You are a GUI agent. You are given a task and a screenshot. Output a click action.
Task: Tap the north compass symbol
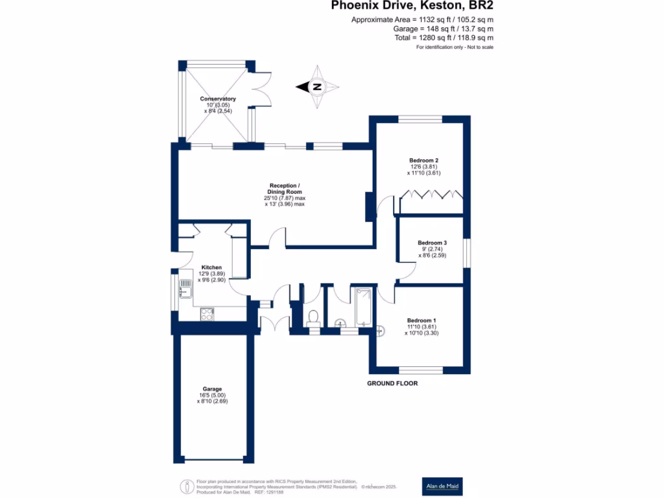[317, 87]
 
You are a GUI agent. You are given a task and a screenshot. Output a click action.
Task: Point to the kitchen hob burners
[207, 314]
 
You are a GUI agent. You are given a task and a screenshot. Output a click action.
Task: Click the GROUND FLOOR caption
[392, 383]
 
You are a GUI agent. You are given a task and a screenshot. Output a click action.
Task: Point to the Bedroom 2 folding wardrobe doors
[431, 194]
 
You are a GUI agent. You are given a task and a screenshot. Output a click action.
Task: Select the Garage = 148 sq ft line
[443, 29]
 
